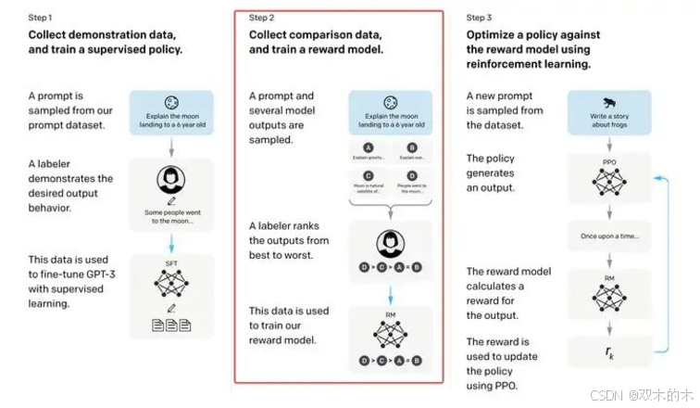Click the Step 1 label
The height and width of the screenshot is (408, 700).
41,18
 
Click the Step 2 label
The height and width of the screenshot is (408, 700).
263,18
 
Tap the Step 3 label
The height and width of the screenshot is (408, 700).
480,18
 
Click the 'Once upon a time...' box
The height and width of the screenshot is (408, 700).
608,236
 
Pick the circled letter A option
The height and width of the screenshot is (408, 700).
369,146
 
